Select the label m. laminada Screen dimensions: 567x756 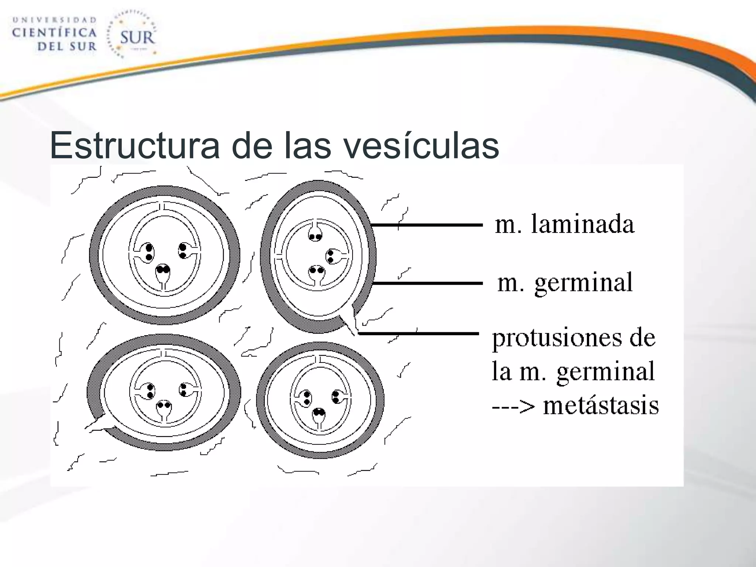pos(564,224)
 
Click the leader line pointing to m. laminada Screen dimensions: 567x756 pos(426,224)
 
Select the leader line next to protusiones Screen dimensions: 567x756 pos(419,333)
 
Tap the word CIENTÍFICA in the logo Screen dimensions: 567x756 pos(55,33)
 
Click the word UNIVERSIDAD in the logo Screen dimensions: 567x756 pos(55,20)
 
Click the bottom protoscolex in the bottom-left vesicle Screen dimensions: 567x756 pos(164,409)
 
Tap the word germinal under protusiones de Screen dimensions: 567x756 pos(605,372)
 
